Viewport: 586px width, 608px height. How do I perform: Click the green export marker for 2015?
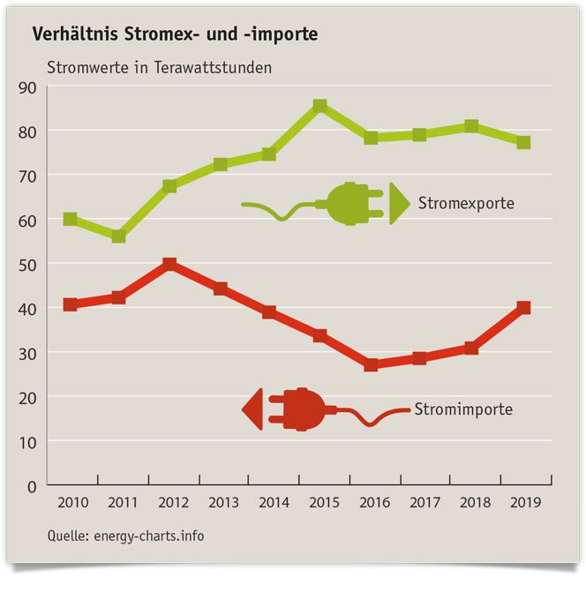coord(320,107)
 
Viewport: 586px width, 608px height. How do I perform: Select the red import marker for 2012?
coord(169,264)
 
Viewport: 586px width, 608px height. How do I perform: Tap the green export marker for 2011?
coord(119,236)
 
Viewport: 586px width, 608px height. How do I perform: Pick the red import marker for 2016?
coord(371,364)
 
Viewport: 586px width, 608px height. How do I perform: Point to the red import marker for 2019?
coord(523,307)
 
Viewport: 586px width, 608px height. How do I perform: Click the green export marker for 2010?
coord(70,219)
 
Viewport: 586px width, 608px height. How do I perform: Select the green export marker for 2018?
coord(471,126)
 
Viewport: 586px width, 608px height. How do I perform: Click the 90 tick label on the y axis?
coord(26,86)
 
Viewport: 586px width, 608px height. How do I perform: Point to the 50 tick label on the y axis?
coord(26,264)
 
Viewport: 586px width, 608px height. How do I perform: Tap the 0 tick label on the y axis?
coord(31,485)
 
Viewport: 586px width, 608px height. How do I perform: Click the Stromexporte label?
coord(466,204)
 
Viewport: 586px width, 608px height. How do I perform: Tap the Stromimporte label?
coord(463,409)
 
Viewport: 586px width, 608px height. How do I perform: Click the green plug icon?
coord(357,204)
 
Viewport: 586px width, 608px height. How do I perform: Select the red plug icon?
coord(291,409)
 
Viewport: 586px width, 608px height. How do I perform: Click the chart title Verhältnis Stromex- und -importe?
coord(176,35)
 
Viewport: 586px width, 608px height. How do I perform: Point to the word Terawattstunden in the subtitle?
coord(212,67)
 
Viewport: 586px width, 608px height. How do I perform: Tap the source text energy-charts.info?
coord(148,535)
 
